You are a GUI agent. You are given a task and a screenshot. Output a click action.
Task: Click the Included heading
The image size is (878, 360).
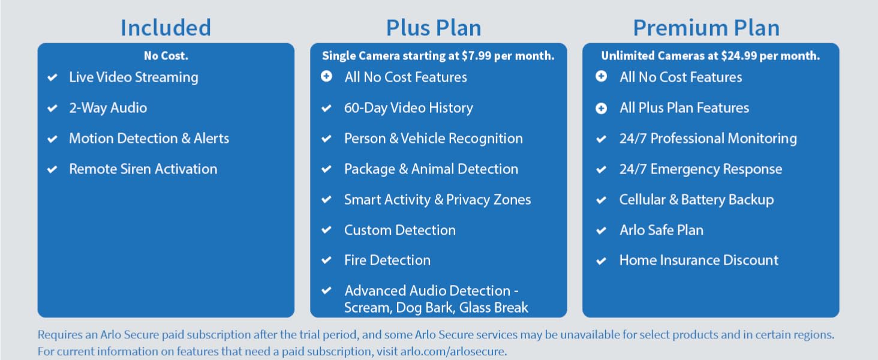[166, 28]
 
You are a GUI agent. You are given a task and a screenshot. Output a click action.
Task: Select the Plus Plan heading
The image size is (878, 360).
[434, 28]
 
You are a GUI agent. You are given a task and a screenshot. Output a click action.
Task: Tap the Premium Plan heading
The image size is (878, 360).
[706, 28]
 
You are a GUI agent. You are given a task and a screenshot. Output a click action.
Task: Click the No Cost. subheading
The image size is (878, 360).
[166, 56]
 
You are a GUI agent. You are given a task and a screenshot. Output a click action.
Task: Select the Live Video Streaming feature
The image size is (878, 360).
[133, 77]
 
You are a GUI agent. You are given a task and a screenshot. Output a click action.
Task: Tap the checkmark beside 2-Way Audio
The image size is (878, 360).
[53, 109]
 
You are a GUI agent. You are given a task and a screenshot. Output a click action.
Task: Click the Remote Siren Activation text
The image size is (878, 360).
[143, 169]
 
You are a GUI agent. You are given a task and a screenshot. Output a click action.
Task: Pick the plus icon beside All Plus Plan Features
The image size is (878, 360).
[602, 108]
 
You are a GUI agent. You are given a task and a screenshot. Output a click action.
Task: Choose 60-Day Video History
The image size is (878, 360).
[408, 108]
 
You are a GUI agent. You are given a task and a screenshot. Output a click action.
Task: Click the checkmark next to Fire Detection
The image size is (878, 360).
[327, 260]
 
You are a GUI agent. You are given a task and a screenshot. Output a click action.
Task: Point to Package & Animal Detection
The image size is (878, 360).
[431, 169]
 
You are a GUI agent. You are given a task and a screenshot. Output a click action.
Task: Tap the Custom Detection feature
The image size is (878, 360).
[399, 230]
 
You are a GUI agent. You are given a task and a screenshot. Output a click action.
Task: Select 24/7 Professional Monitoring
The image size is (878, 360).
[708, 139]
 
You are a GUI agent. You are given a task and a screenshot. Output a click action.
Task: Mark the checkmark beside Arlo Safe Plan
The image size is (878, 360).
[602, 230]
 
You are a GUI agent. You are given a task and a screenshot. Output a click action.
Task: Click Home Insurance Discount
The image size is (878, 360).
[699, 260]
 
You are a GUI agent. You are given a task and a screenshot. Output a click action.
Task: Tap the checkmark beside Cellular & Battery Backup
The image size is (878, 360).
[602, 200]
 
